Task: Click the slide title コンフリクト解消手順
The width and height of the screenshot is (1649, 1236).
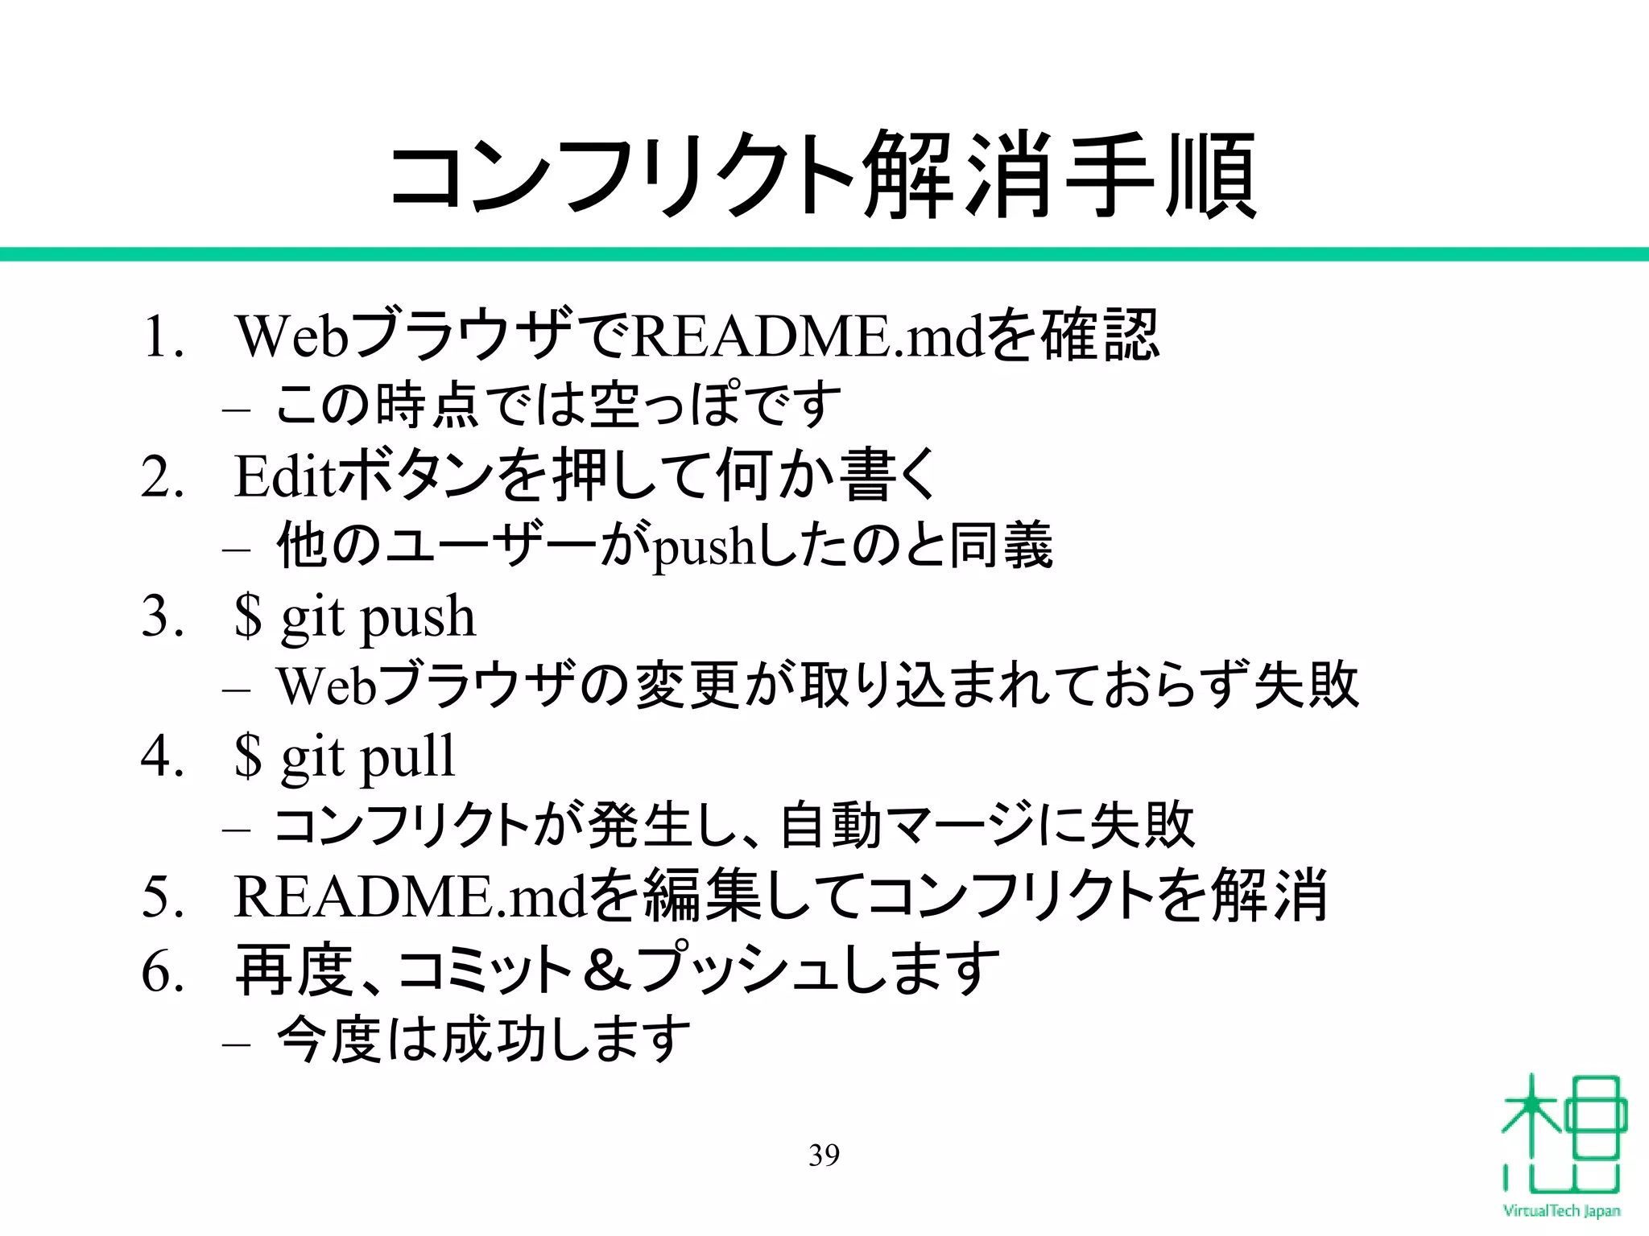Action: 823,175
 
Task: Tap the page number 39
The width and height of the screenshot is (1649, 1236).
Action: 824,1155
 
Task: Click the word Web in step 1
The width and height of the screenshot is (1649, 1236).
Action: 292,336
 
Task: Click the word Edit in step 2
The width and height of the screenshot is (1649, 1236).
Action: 284,476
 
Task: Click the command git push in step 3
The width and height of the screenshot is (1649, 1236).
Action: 378,618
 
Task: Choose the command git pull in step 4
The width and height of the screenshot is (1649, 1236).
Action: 367,758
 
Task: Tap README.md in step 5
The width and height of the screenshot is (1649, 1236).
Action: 410,896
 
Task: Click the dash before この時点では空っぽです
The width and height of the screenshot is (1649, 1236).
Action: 236,410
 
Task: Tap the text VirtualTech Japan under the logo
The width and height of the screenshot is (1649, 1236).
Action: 1561,1211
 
